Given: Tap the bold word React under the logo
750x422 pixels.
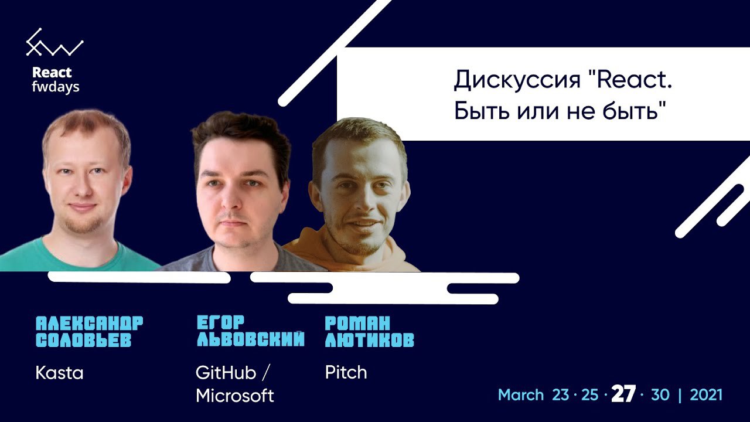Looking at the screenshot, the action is click(52, 72).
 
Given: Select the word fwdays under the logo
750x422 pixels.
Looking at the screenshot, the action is click(56, 87).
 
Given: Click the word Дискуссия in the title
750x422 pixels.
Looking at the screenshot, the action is click(517, 80).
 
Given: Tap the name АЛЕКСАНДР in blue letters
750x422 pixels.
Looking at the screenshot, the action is click(90, 323).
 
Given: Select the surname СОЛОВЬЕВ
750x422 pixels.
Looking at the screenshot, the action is click(83, 339).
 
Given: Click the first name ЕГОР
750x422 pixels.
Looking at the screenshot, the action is click(221, 322).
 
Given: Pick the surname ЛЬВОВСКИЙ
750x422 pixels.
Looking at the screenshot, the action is click(251, 339).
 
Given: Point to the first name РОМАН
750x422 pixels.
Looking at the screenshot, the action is click(357, 323).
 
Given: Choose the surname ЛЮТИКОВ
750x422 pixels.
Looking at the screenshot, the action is click(370, 339).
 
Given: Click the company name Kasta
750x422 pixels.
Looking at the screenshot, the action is click(59, 373).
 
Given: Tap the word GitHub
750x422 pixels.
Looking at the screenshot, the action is click(226, 372).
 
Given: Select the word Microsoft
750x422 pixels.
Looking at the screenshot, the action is click(235, 396).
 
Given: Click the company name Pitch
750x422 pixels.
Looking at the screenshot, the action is click(346, 372).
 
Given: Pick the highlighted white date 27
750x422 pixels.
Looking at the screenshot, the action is click(623, 394).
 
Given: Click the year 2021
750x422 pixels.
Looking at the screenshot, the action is click(706, 395).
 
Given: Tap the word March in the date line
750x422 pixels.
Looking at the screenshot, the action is click(521, 395).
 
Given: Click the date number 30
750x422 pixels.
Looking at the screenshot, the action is click(660, 395).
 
